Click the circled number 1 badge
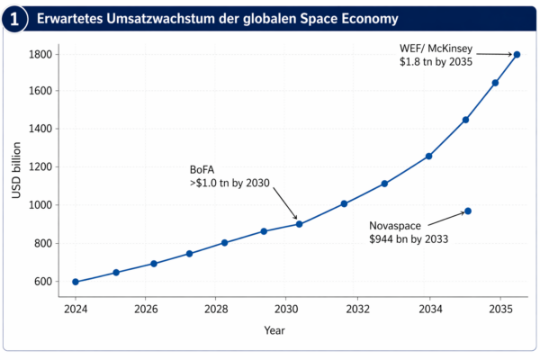14,19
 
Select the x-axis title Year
274,330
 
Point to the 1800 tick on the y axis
40,54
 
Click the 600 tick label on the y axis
42,282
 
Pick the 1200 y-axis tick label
40,167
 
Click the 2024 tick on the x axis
76,308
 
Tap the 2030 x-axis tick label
285,308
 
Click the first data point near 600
76,282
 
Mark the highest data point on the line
517,54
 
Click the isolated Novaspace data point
468,211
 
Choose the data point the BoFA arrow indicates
299,224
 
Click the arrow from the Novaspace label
445,218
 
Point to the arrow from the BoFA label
283,203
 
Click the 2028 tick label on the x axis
216,308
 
